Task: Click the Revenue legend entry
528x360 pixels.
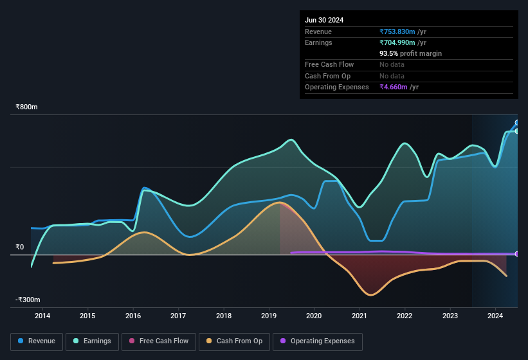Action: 37,341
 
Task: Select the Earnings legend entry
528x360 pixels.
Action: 92,341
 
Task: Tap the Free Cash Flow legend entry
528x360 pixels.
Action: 159,341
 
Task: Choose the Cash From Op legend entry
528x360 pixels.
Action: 235,341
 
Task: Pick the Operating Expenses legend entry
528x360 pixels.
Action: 318,341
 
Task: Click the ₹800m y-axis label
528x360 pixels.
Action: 26,107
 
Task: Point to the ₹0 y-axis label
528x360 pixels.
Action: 19,247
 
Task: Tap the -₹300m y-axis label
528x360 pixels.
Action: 28,300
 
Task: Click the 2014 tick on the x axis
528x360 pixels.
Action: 42,316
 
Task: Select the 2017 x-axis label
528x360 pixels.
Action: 178,316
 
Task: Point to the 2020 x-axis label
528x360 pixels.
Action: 314,316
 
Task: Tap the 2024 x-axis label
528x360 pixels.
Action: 495,316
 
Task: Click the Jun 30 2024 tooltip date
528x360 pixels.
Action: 324,20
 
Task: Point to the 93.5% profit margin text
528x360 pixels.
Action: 410,53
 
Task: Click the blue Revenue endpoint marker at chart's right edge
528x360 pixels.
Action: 517,123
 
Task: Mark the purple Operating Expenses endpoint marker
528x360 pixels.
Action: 517,254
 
